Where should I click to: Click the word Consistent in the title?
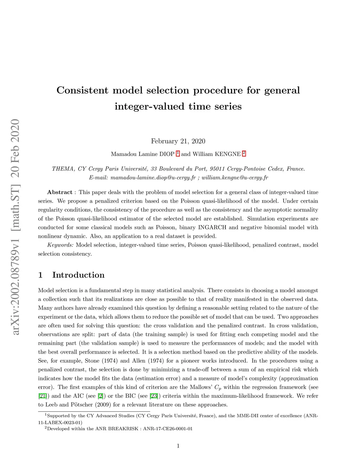pyautogui.click(x=82, y=90)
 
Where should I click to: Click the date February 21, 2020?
pyautogui.click(x=178, y=141)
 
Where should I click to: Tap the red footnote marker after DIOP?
pyautogui.click(x=178, y=153)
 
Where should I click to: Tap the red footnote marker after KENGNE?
pyautogui.click(x=244, y=153)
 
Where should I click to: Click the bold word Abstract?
pyautogui.click(x=59, y=192)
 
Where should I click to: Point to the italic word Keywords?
pyautogui.click(x=60, y=245)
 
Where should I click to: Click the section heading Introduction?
pyautogui.click(x=78, y=275)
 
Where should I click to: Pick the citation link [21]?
pyautogui.click(x=42, y=396)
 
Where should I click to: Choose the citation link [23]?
pyautogui.click(x=154, y=396)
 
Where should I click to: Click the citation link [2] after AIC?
pyautogui.click(x=100, y=396)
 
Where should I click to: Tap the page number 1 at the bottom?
pyautogui.click(x=178, y=446)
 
